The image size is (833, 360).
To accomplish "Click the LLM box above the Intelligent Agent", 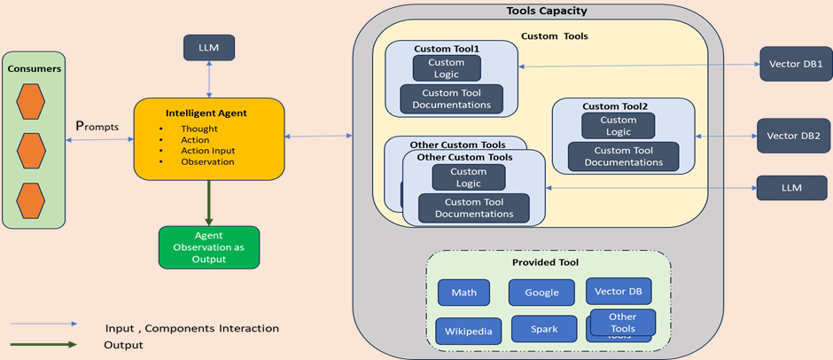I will click(208, 48).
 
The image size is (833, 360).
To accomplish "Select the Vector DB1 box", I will click(795, 64).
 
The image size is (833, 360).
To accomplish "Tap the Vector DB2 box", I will click(793, 136).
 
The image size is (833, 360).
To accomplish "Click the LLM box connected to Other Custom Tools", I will click(791, 188).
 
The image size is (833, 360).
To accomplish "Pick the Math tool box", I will click(463, 293).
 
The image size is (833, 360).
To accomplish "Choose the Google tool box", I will click(541, 293).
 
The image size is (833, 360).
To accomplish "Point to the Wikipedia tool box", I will click(468, 331).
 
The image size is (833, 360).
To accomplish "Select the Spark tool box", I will click(544, 329).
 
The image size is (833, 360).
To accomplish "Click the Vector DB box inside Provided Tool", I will click(618, 291).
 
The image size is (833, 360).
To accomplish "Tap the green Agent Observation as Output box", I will click(208, 247).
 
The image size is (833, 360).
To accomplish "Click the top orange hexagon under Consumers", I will click(31, 103).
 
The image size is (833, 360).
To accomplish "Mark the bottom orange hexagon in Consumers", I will click(31, 201).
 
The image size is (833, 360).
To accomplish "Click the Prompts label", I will click(97, 127).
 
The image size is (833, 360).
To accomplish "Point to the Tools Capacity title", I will click(546, 12).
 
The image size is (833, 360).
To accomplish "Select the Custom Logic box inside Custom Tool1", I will click(447, 68).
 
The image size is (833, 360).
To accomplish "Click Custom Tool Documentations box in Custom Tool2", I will click(624, 157).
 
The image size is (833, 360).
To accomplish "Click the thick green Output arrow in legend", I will click(43, 345).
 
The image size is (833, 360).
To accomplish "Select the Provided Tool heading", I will click(545, 262).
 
